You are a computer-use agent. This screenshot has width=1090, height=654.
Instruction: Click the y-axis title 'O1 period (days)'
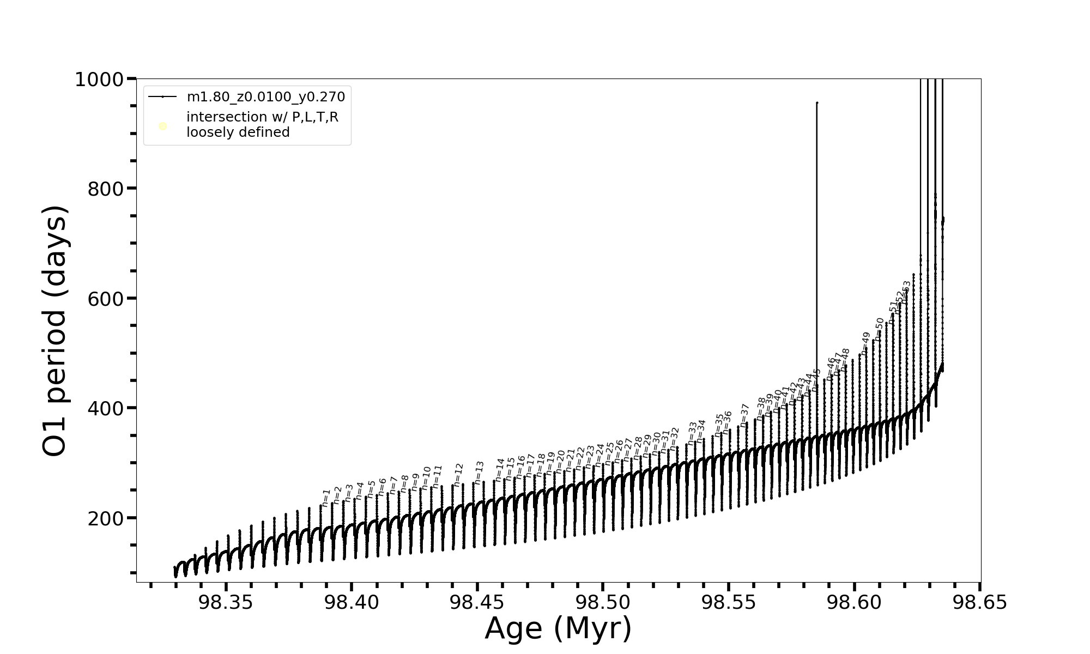[55, 331]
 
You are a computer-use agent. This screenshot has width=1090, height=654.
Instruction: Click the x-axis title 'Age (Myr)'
[558, 628]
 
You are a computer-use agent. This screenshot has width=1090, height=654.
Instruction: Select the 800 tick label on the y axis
[105, 189]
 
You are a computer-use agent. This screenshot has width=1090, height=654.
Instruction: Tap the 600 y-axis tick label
[105, 299]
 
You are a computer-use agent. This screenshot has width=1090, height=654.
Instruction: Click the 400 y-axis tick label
[105, 408]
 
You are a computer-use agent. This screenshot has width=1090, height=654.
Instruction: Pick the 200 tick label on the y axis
[105, 518]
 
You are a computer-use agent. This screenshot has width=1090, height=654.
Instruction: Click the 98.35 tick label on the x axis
[226, 603]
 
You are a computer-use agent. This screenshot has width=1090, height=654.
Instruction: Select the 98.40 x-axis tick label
[352, 603]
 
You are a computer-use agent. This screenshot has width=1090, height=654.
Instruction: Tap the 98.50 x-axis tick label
[603, 603]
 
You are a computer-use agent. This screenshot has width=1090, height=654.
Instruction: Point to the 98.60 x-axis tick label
[855, 603]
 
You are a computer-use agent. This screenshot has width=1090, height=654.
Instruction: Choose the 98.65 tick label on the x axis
[980, 603]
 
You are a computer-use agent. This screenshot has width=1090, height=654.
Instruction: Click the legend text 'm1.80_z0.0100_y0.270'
[266, 97]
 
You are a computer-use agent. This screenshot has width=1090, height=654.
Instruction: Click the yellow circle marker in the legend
[162, 126]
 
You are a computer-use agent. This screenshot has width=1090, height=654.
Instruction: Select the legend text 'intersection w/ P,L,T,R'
[262, 117]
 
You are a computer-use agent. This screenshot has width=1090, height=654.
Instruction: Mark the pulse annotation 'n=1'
[326, 498]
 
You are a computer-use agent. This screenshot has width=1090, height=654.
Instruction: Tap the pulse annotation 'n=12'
[458, 475]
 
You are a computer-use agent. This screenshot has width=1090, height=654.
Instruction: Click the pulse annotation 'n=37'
[744, 415]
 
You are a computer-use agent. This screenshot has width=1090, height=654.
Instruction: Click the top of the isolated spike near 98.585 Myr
[816, 102]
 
